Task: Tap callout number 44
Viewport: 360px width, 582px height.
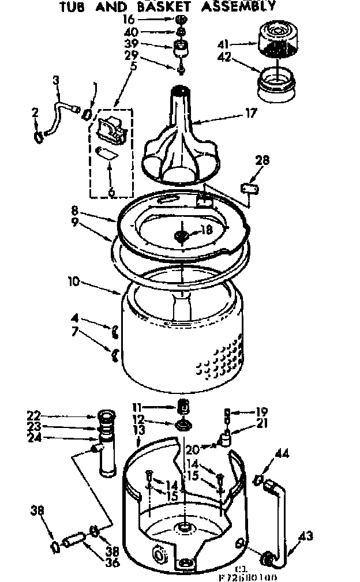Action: coord(282,454)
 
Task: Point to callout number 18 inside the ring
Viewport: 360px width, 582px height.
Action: coord(206,230)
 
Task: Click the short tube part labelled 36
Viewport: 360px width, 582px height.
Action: coord(74,542)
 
